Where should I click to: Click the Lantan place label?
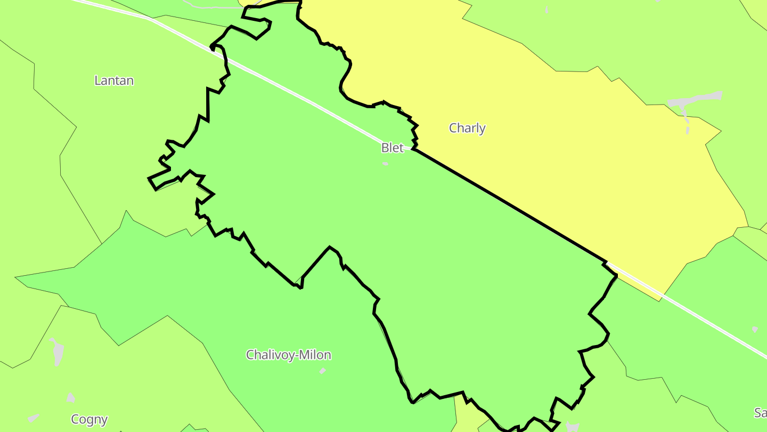[113, 81]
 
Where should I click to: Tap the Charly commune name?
[467, 128]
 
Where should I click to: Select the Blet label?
[393, 148]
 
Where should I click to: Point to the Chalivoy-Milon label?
[288, 355]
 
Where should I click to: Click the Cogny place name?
[89, 420]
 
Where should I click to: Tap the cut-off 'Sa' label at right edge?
[760, 412]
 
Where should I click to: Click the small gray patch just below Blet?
[385, 164]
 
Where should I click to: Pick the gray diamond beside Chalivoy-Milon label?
[322, 371]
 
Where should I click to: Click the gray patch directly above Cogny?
[71, 397]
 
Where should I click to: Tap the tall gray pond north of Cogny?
[57, 351]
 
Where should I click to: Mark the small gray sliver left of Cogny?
[34, 418]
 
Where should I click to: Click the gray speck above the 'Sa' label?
[755, 329]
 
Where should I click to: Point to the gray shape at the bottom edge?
[573, 426]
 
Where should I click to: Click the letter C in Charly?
[453, 128]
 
